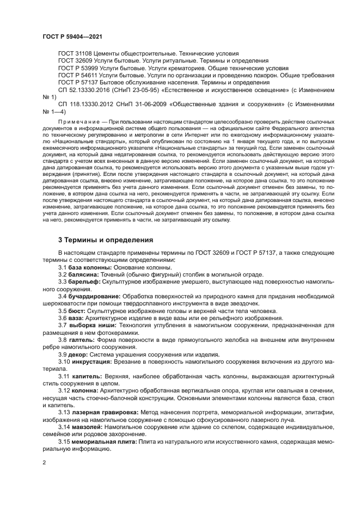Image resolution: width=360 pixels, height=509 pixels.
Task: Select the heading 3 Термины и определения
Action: click(98, 240)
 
